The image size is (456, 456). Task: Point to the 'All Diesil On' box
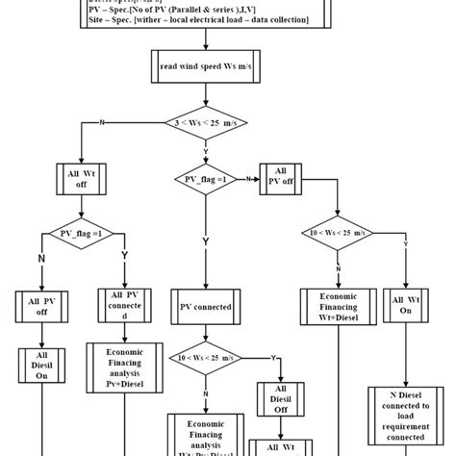click(x=42, y=367)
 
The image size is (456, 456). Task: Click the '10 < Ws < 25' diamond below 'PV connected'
click(x=205, y=357)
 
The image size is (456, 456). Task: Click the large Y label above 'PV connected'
click(x=205, y=242)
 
